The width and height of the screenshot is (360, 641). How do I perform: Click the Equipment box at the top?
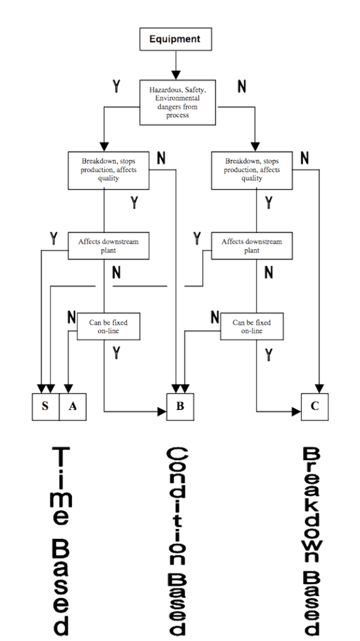175,39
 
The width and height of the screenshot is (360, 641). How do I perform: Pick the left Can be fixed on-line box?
108,326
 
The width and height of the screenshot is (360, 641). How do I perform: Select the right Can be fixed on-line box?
252,326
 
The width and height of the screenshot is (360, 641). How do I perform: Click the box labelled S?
45,406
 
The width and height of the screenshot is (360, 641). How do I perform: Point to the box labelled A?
73,406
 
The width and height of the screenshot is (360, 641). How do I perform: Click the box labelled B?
180,406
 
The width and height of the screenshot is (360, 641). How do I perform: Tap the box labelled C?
315,406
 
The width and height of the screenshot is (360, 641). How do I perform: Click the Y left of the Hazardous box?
116,86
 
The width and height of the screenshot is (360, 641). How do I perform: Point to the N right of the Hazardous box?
242,86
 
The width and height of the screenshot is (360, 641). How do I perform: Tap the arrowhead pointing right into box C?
296,411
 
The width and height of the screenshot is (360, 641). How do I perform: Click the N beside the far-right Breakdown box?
304,158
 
